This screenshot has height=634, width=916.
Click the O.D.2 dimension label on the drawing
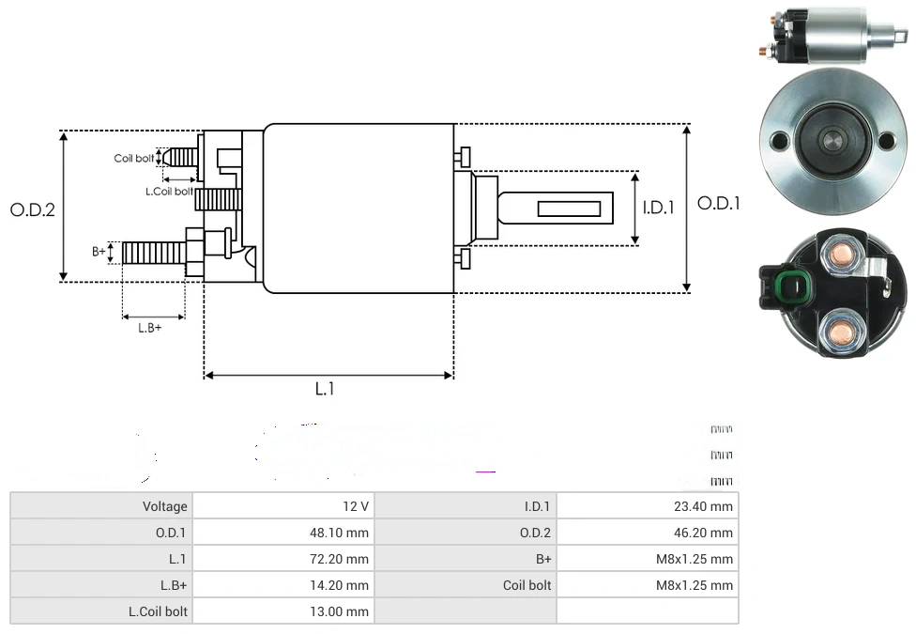click(x=33, y=209)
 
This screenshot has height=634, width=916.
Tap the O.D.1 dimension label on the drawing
click(x=719, y=203)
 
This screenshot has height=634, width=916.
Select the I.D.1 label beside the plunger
click(x=659, y=208)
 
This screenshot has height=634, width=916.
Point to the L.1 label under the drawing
click(x=324, y=389)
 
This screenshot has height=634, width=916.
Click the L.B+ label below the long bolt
click(x=150, y=328)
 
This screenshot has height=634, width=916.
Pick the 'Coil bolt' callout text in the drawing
click(x=133, y=158)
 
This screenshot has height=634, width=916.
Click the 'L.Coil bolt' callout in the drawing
click(x=169, y=192)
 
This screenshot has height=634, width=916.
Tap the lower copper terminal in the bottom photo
click(x=838, y=330)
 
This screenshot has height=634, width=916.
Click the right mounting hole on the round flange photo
click(x=886, y=142)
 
